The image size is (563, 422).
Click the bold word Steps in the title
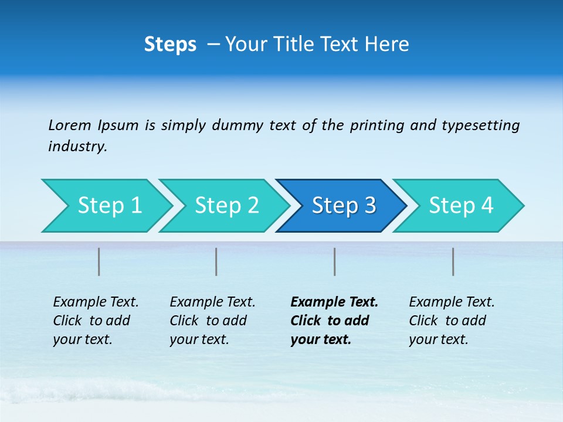(x=170, y=45)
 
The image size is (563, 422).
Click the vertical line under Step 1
(x=99, y=261)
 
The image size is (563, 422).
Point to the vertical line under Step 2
(x=216, y=261)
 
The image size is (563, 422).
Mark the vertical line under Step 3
(x=335, y=261)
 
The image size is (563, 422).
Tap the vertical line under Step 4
(x=453, y=261)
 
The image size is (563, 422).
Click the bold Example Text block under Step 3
(x=334, y=321)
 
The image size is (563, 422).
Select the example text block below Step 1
(x=96, y=321)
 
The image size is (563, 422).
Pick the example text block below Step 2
(x=212, y=321)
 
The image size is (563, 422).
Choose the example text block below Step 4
(x=452, y=321)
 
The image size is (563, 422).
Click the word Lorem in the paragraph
(x=69, y=125)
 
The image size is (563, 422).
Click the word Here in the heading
(x=387, y=45)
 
